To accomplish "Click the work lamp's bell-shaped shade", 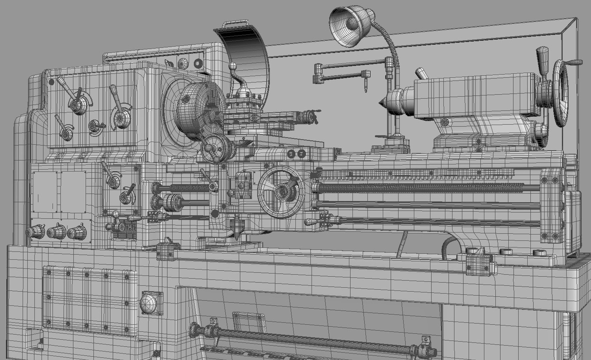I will tap(348, 25).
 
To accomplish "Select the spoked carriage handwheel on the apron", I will tap(281, 191).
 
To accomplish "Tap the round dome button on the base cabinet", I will tap(148, 304).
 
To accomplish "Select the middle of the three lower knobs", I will tap(56, 232).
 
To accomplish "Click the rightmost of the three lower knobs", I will tap(77, 232).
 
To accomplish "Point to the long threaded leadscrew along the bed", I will tap(426, 188).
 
